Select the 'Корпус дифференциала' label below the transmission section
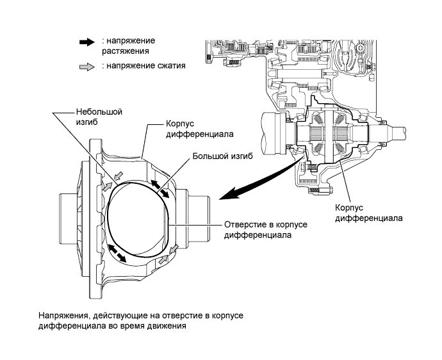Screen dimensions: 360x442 (368, 213)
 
